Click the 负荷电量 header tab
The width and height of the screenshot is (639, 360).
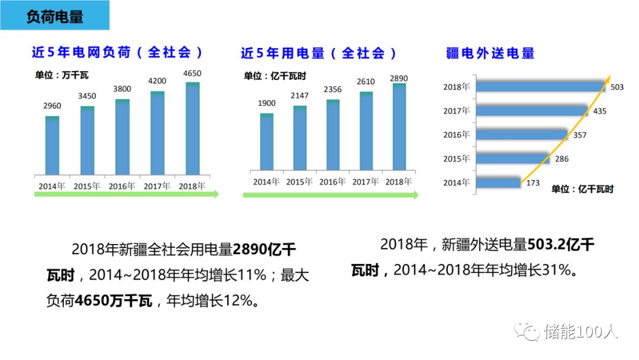[x=54, y=15]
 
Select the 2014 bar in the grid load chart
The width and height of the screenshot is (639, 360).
[x=52, y=146]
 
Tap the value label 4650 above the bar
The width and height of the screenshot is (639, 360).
[x=192, y=73]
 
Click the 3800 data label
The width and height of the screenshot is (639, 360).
[x=122, y=89]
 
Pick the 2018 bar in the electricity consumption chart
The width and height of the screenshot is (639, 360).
[x=399, y=126]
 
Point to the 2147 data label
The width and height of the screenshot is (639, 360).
[x=299, y=95]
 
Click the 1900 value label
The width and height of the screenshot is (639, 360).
[x=266, y=103]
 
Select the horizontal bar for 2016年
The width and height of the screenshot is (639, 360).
[x=522, y=134]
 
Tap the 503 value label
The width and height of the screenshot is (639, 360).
[x=617, y=87]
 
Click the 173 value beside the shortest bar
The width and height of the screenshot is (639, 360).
[x=532, y=182]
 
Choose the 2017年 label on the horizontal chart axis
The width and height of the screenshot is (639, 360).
[x=456, y=111]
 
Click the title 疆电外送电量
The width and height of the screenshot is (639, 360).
[x=490, y=53]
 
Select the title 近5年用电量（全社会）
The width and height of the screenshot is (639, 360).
[x=319, y=53]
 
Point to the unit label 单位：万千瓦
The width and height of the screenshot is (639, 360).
[x=62, y=75]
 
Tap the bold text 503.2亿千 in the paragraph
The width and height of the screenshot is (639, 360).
[x=561, y=245]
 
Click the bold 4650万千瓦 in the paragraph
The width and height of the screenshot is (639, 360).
[x=114, y=301]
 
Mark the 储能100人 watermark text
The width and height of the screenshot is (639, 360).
[x=581, y=332]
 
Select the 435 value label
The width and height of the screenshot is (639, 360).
[x=599, y=111]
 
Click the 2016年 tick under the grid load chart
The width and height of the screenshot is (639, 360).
[x=122, y=186]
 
